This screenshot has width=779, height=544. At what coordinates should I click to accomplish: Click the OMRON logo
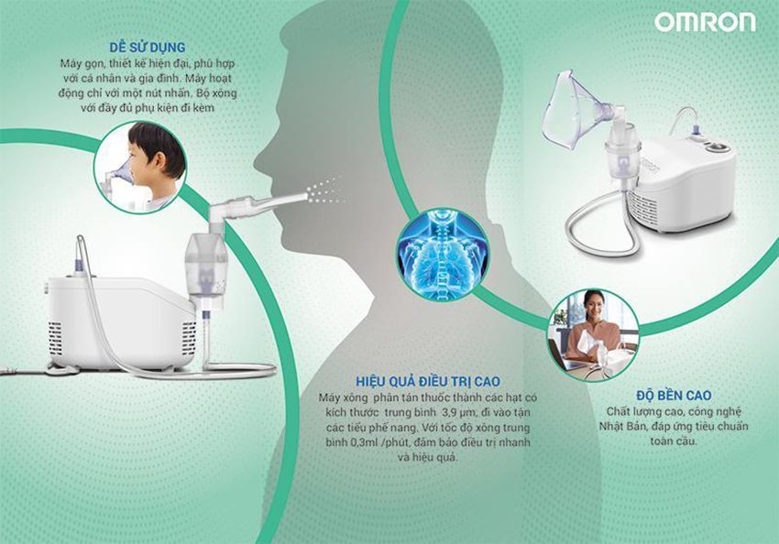[705, 22]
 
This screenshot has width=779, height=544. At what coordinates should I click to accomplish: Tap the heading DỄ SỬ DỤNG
[147, 48]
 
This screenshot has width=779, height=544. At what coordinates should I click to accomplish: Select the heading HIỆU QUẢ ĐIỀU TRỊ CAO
[428, 381]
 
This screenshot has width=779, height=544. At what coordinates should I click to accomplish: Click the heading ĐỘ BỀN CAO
[674, 396]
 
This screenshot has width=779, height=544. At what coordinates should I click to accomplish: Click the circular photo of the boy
[140, 168]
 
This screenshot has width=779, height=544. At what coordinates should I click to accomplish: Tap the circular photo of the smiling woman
[593, 335]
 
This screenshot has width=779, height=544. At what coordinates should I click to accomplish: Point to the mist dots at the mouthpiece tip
[325, 192]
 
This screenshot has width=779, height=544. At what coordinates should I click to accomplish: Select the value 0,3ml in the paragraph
[352, 442]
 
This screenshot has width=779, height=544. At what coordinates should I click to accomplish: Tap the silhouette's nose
[260, 158]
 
